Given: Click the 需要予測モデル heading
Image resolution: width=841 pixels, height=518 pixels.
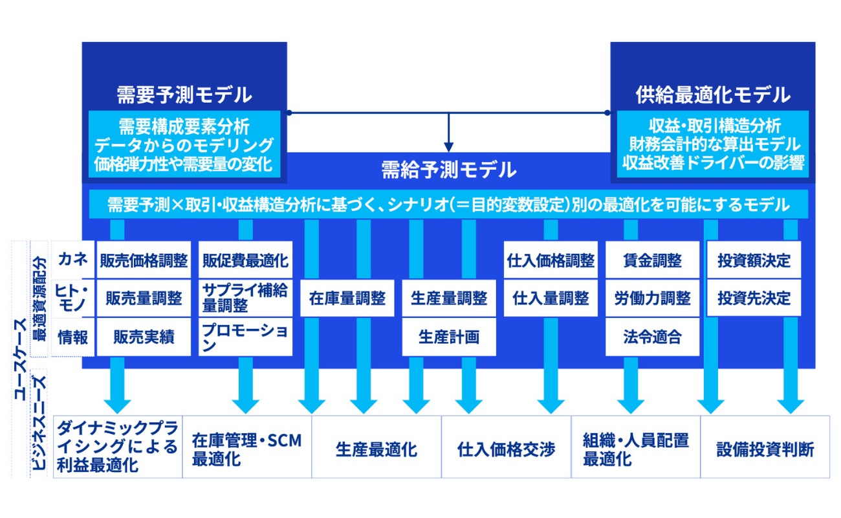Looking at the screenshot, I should click(184, 95).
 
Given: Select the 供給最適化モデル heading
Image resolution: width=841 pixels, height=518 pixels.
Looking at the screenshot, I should click(712, 95).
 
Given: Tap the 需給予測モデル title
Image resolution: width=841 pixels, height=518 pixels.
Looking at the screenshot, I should click(448, 170).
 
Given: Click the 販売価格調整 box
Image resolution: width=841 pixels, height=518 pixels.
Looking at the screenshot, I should click(144, 260).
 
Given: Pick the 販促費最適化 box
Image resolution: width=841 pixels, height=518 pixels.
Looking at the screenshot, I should click(245, 260).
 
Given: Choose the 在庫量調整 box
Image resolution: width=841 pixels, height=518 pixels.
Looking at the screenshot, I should click(347, 298).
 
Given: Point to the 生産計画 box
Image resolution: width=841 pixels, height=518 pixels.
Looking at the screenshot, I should click(449, 337).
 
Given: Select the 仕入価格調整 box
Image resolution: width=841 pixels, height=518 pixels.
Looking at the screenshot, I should click(551, 260).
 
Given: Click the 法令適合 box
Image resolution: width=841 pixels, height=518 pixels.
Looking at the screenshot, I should click(652, 337).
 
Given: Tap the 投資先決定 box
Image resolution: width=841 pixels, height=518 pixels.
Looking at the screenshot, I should click(754, 298).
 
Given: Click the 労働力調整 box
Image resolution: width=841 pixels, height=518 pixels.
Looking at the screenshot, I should click(652, 298).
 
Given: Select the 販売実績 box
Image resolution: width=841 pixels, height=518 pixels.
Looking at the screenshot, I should click(144, 337).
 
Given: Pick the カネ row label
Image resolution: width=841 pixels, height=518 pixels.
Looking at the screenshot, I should click(72, 260).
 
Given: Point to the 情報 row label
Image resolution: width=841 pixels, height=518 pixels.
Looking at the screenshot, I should click(72, 337).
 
